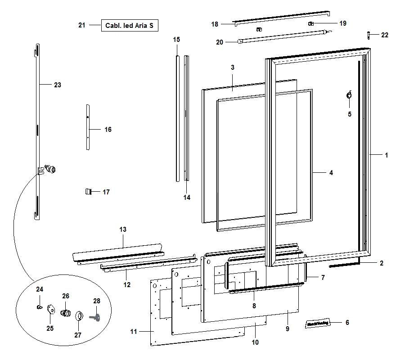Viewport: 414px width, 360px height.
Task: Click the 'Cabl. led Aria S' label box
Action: click(x=130, y=26)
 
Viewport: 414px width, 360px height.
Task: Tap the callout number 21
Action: click(x=81, y=26)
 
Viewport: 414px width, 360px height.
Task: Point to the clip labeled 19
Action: click(x=310, y=23)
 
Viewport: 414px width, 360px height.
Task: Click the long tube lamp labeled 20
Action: click(x=283, y=36)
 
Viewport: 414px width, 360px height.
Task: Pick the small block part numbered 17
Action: click(x=89, y=192)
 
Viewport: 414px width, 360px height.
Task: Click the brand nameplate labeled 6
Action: click(x=318, y=323)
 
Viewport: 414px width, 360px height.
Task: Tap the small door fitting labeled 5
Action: click(x=349, y=95)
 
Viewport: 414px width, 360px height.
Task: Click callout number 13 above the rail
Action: click(x=123, y=229)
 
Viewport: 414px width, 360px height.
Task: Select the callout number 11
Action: click(x=133, y=332)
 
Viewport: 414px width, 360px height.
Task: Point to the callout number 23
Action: click(x=58, y=85)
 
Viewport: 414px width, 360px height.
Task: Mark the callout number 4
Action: click(x=331, y=172)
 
